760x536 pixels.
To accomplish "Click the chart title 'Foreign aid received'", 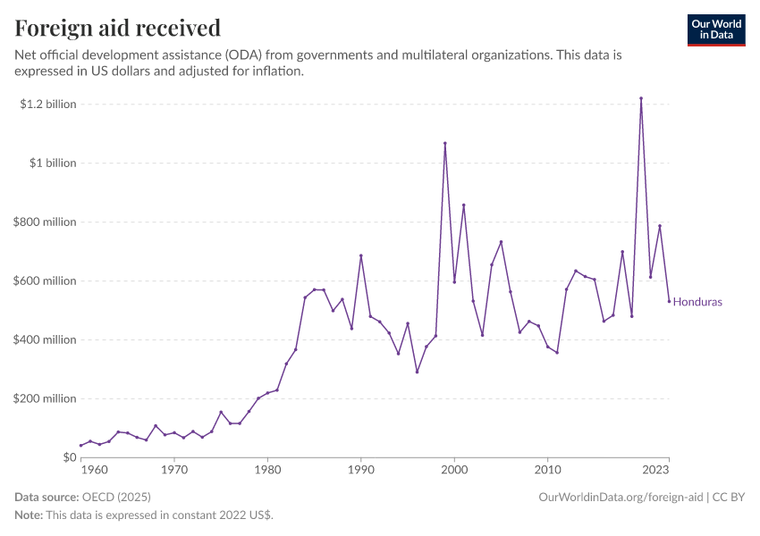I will tap(118, 29).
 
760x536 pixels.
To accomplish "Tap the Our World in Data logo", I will tap(715, 29).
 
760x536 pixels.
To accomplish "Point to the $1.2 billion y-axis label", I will tap(48, 105).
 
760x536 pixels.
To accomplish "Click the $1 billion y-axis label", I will tap(52, 163).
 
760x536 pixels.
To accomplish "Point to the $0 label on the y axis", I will tap(68, 457).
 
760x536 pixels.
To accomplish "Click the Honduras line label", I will tap(697, 302).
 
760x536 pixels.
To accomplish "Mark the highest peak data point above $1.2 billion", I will tap(641, 98).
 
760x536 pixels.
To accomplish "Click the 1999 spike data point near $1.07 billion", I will tap(445, 143).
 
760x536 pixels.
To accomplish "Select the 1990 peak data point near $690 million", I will tap(361, 255).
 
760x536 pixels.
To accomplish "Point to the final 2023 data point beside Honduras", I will tap(669, 301).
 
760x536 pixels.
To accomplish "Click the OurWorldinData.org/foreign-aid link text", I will tap(621, 497).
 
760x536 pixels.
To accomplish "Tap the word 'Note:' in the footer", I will tap(29, 515).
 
